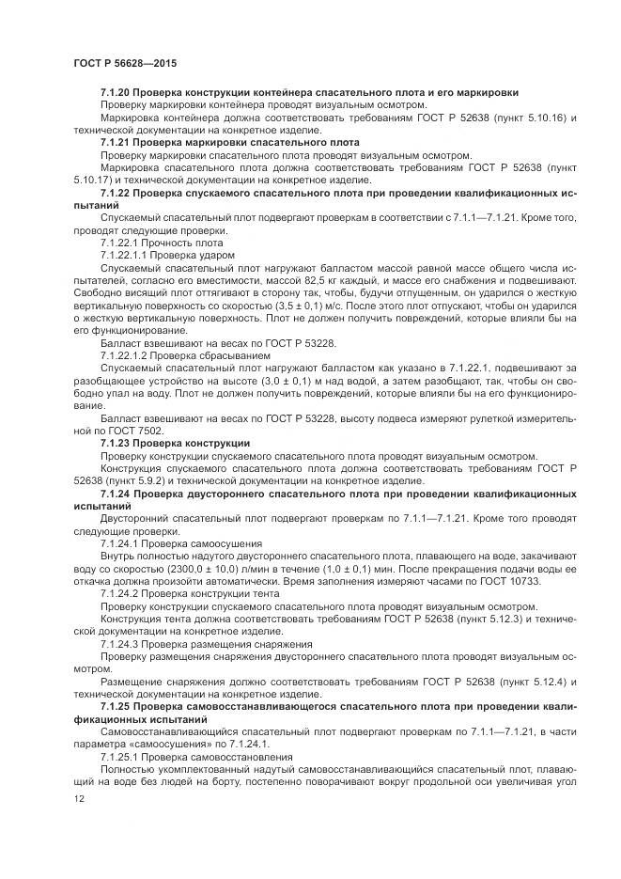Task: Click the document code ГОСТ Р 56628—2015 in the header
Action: (x=124, y=62)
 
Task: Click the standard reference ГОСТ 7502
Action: (x=124, y=428)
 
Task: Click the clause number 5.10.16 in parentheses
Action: (x=526, y=119)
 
